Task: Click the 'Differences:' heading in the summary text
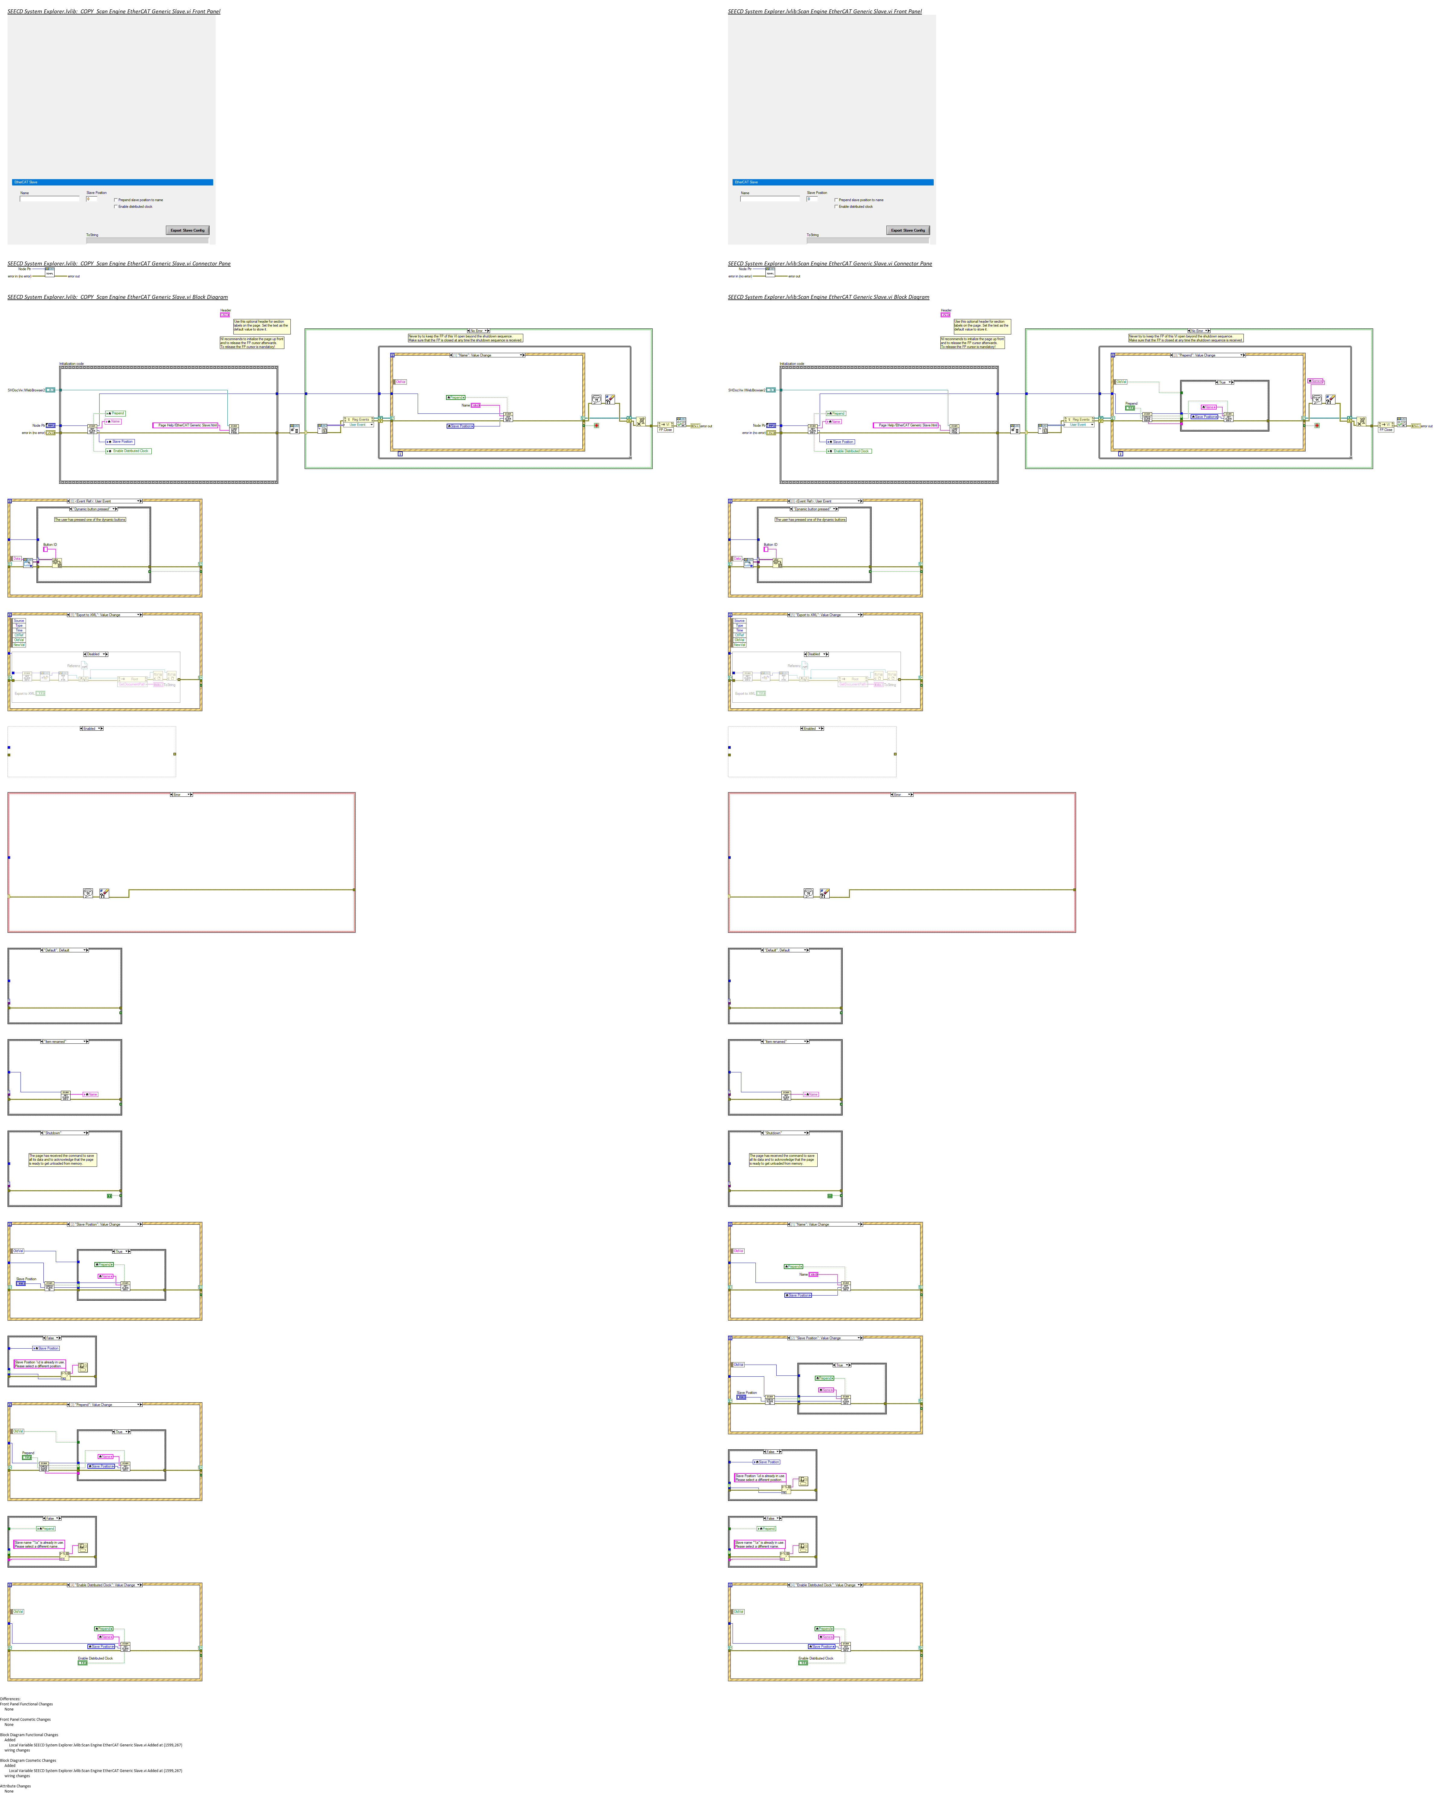click(x=10, y=1698)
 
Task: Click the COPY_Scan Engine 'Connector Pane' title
click(x=119, y=264)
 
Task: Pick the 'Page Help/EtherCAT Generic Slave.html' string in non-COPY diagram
click(x=908, y=425)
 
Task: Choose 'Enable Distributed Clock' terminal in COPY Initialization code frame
click(x=130, y=451)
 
